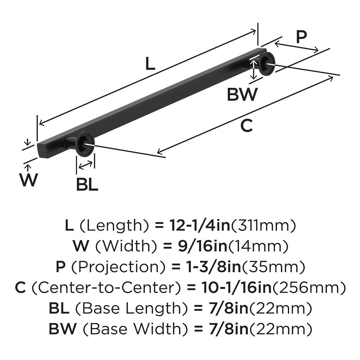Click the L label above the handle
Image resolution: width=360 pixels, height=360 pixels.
tap(150, 64)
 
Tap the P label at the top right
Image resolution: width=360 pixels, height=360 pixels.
tap(301, 37)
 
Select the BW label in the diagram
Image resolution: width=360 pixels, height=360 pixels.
tap(242, 95)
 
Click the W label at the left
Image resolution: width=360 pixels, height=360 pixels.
tap(28, 180)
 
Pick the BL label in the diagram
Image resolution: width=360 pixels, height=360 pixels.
tap(87, 185)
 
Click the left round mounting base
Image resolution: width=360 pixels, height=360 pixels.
tap(85, 144)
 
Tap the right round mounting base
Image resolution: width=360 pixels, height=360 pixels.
tap(266, 64)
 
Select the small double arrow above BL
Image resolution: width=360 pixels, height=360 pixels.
tap(86, 165)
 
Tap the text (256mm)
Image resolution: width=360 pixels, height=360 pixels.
tap(309, 288)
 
